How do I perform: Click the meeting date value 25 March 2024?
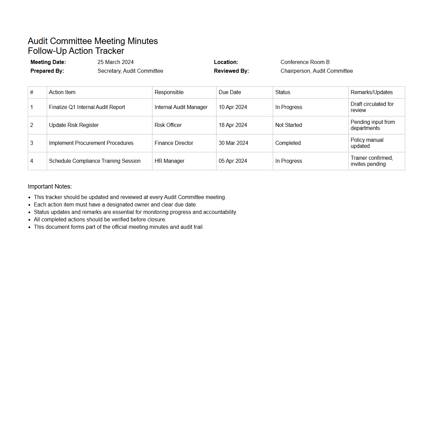[x=116, y=62]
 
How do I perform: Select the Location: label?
[x=226, y=62]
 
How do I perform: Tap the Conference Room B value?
[x=305, y=62]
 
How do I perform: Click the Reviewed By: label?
[x=231, y=71]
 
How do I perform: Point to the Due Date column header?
[x=230, y=92]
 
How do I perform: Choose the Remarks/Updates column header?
[x=372, y=92]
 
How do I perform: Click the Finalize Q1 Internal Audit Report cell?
[x=87, y=107]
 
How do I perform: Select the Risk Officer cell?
[x=168, y=125]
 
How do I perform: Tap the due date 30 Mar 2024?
[x=233, y=143]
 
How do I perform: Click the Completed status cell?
[x=288, y=143]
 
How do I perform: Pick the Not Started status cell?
[x=289, y=125]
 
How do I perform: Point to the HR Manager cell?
[x=169, y=161]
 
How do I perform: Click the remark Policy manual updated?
[x=367, y=143]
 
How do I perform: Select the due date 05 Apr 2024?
[x=233, y=161]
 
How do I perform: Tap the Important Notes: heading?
[x=50, y=186]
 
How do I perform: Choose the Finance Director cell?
[x=174, y=143]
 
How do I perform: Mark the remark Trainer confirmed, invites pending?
[x=372, y=161]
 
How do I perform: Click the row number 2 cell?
[x=32, y=125]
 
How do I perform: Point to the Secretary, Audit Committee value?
[x=130, y=71]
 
